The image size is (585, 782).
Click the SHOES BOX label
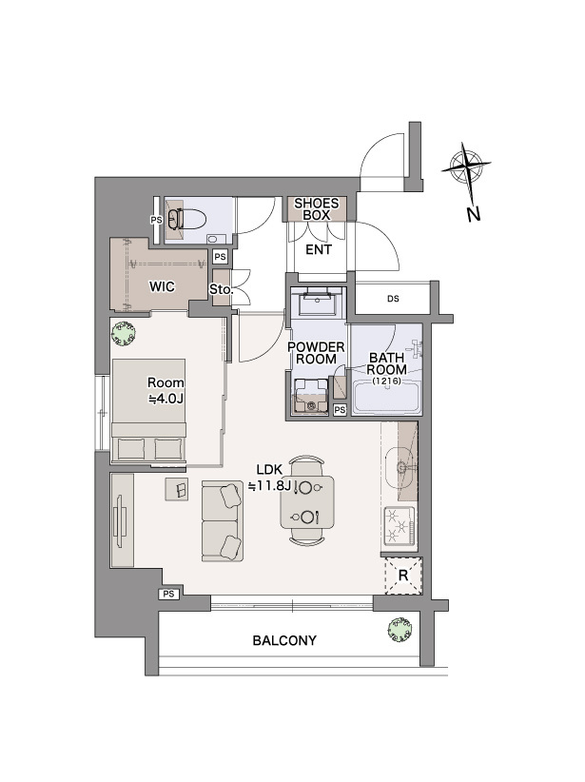(316, 209)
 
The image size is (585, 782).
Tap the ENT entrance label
(319, 249)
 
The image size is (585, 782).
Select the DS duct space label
(393, 299)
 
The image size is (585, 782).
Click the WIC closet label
(162, 286)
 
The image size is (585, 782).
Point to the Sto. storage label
(221, 289)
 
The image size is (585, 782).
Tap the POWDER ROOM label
(316, 353)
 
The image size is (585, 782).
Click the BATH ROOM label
(386, 364)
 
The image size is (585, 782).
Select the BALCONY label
(284, 640)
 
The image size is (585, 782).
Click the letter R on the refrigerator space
(403, 576)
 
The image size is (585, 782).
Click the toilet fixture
(187, 219)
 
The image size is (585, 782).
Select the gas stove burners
(399, 526)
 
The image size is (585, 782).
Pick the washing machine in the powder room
(311, 397)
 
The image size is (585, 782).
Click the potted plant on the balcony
(401, 629)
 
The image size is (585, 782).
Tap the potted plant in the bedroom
(125, 333)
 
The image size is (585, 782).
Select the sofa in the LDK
(223, 521)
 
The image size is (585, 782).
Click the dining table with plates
(306, 501)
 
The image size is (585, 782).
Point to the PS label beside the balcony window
(168, 594)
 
